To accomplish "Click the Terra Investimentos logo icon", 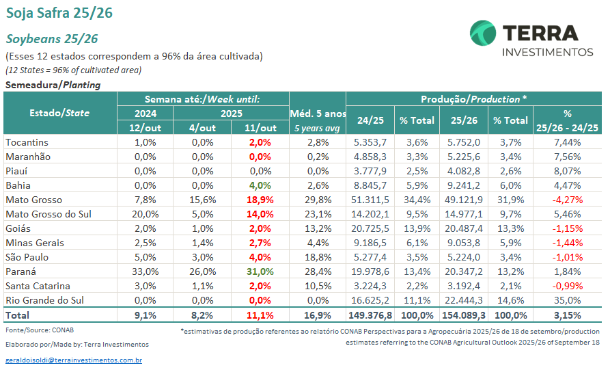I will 484,34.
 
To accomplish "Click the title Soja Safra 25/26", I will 59,13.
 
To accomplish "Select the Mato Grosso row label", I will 33,200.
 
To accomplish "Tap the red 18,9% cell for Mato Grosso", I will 260,200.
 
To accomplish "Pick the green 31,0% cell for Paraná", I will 260,271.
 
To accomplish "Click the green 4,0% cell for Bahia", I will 260,185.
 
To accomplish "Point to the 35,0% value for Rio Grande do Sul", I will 567,300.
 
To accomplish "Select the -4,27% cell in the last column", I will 567,200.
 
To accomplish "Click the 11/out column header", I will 260,128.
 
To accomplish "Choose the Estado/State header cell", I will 59,113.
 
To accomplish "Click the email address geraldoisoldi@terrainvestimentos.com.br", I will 73,360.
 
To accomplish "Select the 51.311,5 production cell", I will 372,200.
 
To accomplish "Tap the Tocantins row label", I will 27,142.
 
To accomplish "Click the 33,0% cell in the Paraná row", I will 145,271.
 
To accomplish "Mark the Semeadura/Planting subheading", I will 53,85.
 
